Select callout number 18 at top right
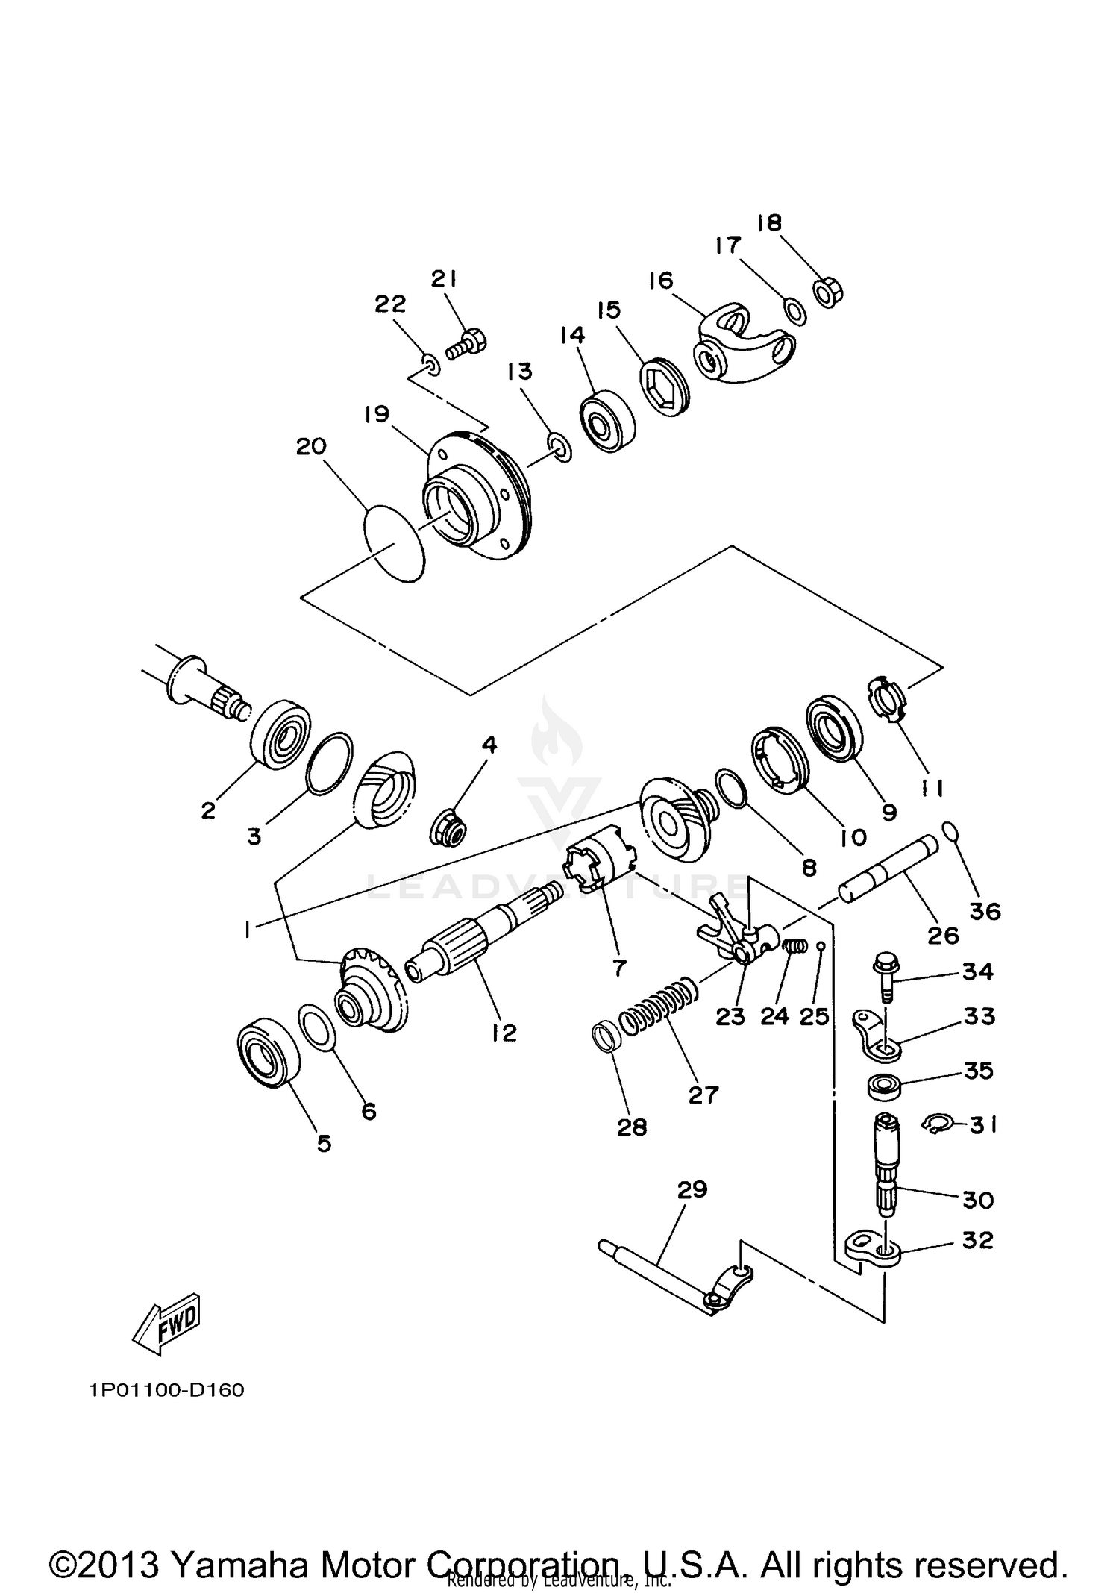coord(769,222)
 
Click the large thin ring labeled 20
coord(393,542)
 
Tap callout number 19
coord(377,414)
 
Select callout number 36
coord(985,911)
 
